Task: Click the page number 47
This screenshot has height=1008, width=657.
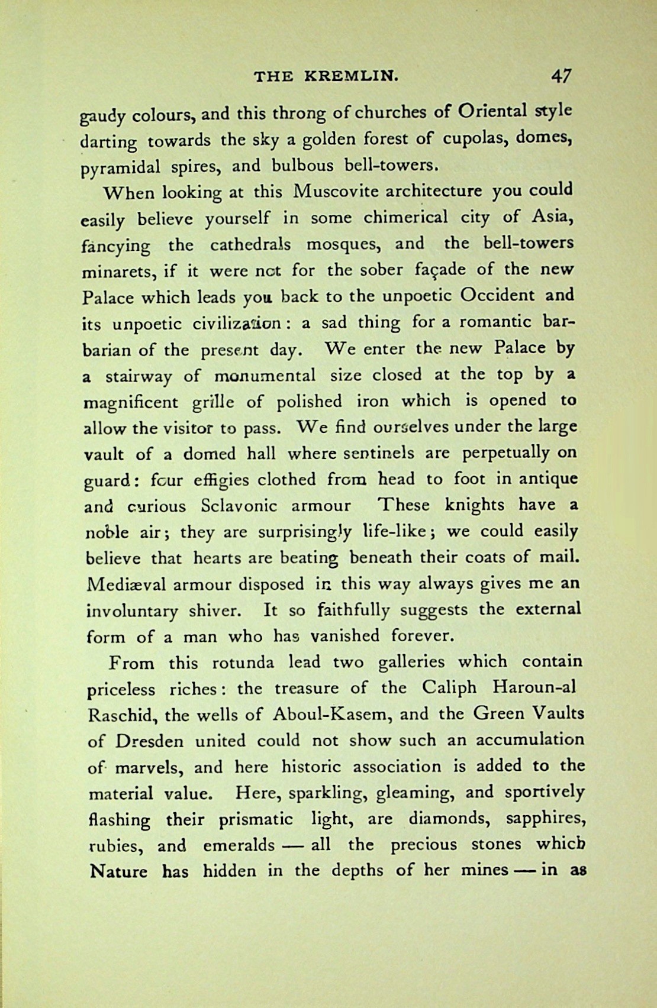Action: (x=561, y=76)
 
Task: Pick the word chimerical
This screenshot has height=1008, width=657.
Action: (x=405, y=218)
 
